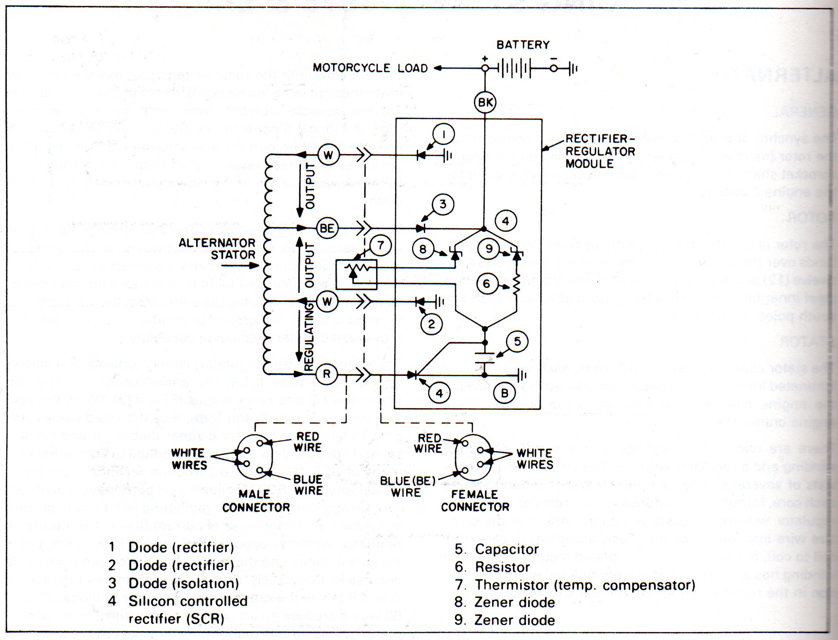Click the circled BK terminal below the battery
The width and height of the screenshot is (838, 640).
[x=485, y=103]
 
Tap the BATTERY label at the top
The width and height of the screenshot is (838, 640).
[x=523, y=45]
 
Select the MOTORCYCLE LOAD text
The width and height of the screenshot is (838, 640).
[x=370, y=68]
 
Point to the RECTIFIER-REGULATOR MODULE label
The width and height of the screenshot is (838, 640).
[x=600, y=151]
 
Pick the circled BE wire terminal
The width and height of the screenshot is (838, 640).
[x=327, y=228]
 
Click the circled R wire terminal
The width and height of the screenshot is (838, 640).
[x=327, y=374]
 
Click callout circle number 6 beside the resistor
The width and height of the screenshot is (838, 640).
[x=487, y=283]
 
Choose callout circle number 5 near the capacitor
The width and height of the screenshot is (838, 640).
[x=517, y=341]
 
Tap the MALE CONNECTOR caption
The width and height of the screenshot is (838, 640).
[x=256, y=501]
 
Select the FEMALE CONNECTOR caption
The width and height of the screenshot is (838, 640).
[x=475, y=501]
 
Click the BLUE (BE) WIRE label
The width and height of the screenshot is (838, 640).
[x=407, y=486]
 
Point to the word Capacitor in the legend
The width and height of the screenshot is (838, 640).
[x=507, y=549]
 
